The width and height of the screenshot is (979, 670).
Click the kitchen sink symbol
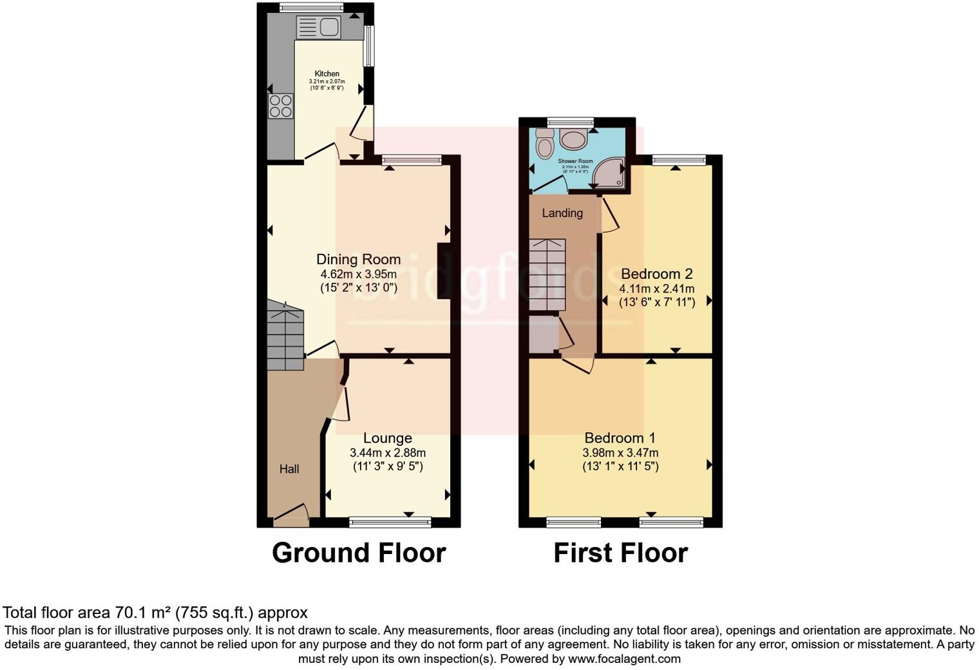318,27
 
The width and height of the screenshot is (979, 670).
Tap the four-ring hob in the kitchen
281,106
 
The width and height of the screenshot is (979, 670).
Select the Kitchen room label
327,73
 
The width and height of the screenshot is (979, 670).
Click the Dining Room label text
358,259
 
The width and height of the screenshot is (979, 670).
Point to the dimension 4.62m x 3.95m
358,274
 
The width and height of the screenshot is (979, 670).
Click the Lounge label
387,438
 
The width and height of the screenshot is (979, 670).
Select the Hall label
289,469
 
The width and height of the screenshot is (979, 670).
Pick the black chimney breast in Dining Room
444,271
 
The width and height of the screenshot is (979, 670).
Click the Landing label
562,213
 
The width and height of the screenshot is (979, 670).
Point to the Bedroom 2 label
656,274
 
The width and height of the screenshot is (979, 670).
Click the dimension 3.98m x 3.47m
620,453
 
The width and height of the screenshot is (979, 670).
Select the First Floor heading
620,553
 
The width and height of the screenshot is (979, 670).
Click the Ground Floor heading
358,553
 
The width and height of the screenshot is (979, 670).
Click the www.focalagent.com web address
624,659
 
